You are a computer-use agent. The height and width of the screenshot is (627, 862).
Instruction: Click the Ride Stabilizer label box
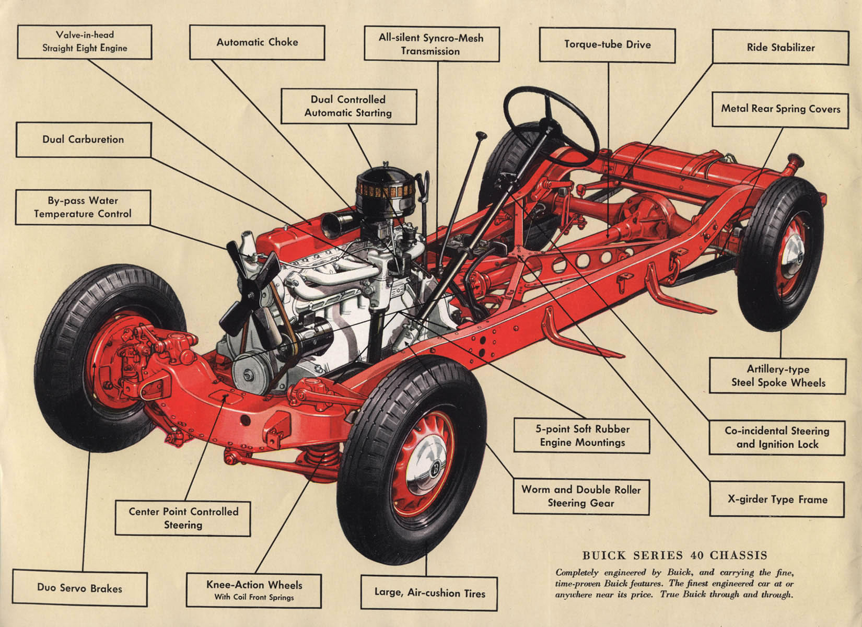tap(781, 48)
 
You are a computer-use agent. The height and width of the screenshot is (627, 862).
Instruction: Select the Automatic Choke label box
tap(257, 42)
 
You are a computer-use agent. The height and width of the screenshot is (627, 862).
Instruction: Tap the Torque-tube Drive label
tap(607, 44)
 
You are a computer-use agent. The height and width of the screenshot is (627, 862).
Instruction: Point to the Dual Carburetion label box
tap(84, 140)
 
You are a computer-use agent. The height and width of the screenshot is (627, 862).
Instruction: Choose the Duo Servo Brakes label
tap(79, 588)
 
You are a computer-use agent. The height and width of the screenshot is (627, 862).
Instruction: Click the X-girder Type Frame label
tap(777, 499)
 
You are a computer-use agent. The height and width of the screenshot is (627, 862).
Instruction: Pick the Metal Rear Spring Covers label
tap(781, 109)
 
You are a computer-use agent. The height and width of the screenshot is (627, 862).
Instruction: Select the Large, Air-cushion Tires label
tap(429, 593)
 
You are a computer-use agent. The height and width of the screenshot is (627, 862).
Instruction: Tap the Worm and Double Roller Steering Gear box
tap(581, 496)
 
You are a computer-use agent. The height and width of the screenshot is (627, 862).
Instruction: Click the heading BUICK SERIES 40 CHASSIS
tap(674, 555)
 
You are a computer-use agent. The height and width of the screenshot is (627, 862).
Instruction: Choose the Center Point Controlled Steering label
tap(183, 518)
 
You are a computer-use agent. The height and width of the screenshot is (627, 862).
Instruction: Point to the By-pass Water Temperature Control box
tap(83, 207)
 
